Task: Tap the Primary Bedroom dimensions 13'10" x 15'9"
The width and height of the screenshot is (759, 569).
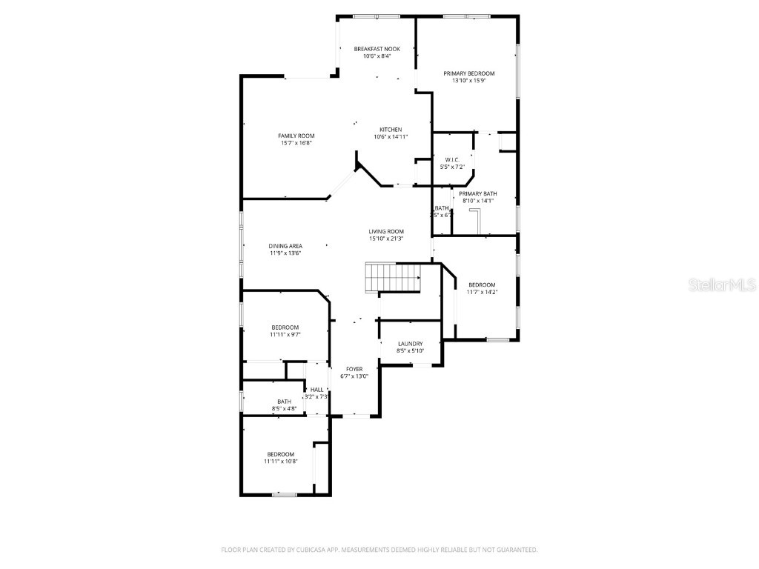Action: click(468, 81)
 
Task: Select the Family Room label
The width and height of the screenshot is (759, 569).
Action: click(296, 136)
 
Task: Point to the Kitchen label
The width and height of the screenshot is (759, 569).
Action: click(391, 130)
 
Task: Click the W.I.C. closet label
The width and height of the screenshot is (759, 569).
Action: click(452, 159)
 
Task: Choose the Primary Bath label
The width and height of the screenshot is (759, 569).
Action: click(477, 193)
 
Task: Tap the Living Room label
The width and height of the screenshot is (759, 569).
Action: click(386, 231)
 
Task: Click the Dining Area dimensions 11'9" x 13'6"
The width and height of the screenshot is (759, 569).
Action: click(285, 253)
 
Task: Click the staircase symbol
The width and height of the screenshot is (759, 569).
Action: click(394, 279)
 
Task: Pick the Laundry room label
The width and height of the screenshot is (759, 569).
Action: click(410, 344)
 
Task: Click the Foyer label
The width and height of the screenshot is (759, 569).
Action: click(355, 368)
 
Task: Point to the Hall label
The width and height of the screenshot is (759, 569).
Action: click(316, 390)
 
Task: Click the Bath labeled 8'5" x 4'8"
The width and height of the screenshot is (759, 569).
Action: click(285, 402)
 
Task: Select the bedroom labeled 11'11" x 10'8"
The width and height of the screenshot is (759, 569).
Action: click(280, 454)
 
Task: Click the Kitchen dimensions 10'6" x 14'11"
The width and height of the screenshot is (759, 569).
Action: click(391, 137)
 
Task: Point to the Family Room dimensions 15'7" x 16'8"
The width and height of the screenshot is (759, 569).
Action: click(296, 143)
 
